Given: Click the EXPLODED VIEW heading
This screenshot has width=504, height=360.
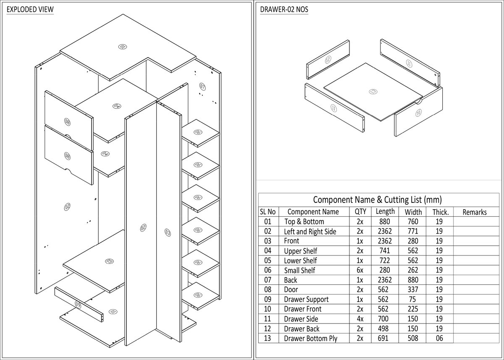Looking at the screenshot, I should (30, 9).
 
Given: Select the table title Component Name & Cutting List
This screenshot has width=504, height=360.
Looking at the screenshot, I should (377, 200).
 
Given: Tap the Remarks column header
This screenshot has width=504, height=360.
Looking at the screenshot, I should (474, 212).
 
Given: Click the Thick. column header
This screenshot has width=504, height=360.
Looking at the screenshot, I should (440, 212).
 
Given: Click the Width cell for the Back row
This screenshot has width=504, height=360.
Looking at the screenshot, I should (412, 280).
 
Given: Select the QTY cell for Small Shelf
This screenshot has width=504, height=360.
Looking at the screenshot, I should (360, 270).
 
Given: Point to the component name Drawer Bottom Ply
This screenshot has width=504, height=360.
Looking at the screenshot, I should (310, 338).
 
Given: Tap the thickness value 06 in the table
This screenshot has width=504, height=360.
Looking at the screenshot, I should (439, 338).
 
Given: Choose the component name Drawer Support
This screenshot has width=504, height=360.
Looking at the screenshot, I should (306, 299).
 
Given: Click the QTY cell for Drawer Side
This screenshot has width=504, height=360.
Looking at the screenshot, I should (360, 319).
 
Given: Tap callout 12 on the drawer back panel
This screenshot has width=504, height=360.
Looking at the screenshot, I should (328, 59).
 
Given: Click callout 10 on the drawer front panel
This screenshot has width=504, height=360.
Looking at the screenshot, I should (418, 113).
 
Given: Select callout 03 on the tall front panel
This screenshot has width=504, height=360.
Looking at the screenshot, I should (168, 232).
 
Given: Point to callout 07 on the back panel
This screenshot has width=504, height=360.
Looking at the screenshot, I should (202, 87).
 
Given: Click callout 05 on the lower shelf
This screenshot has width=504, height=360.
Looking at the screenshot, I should (109, 261).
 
